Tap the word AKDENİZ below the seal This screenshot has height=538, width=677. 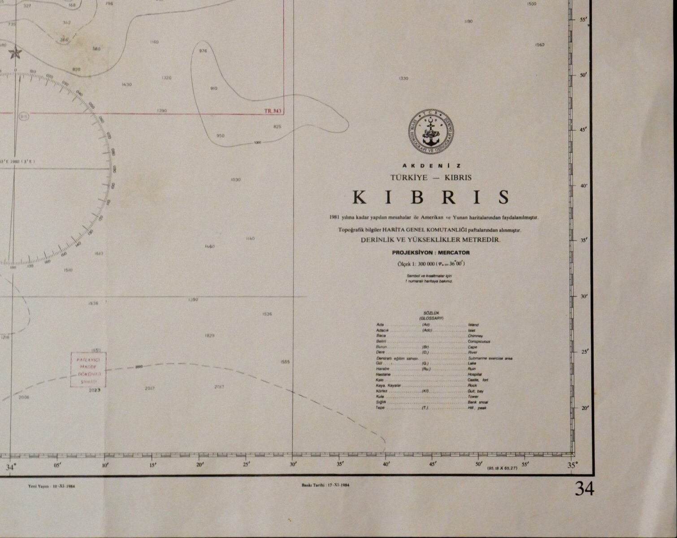tap(431, 165)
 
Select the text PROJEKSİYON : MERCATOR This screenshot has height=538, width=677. tap(431, 252)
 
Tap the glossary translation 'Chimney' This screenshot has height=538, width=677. tap(475, 336)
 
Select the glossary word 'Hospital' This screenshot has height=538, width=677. tap(475, 374)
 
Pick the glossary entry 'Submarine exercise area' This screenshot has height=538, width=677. tap(490, 358)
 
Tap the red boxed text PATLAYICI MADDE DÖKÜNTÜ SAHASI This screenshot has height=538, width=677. tap(88, 370)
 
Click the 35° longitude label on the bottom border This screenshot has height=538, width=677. tap(572, 465)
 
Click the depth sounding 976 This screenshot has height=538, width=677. tap(203, 51)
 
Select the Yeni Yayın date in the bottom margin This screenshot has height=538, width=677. tap(51, 486)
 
